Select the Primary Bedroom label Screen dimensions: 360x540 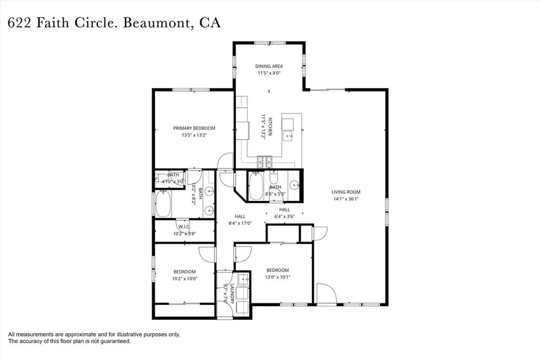click(194, 128)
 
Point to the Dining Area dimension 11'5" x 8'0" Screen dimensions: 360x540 click(269, 73)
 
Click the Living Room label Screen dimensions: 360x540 click(346, 192)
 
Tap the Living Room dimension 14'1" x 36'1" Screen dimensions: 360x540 click(346, 199)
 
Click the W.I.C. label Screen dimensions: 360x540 click(184, 227)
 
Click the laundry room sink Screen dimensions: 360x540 click(243, 280)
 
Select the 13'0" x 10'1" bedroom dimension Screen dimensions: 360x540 click(277, 277)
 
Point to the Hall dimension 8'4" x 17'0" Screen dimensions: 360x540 click(240, 223)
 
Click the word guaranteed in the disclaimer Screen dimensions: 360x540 click(117, 342)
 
